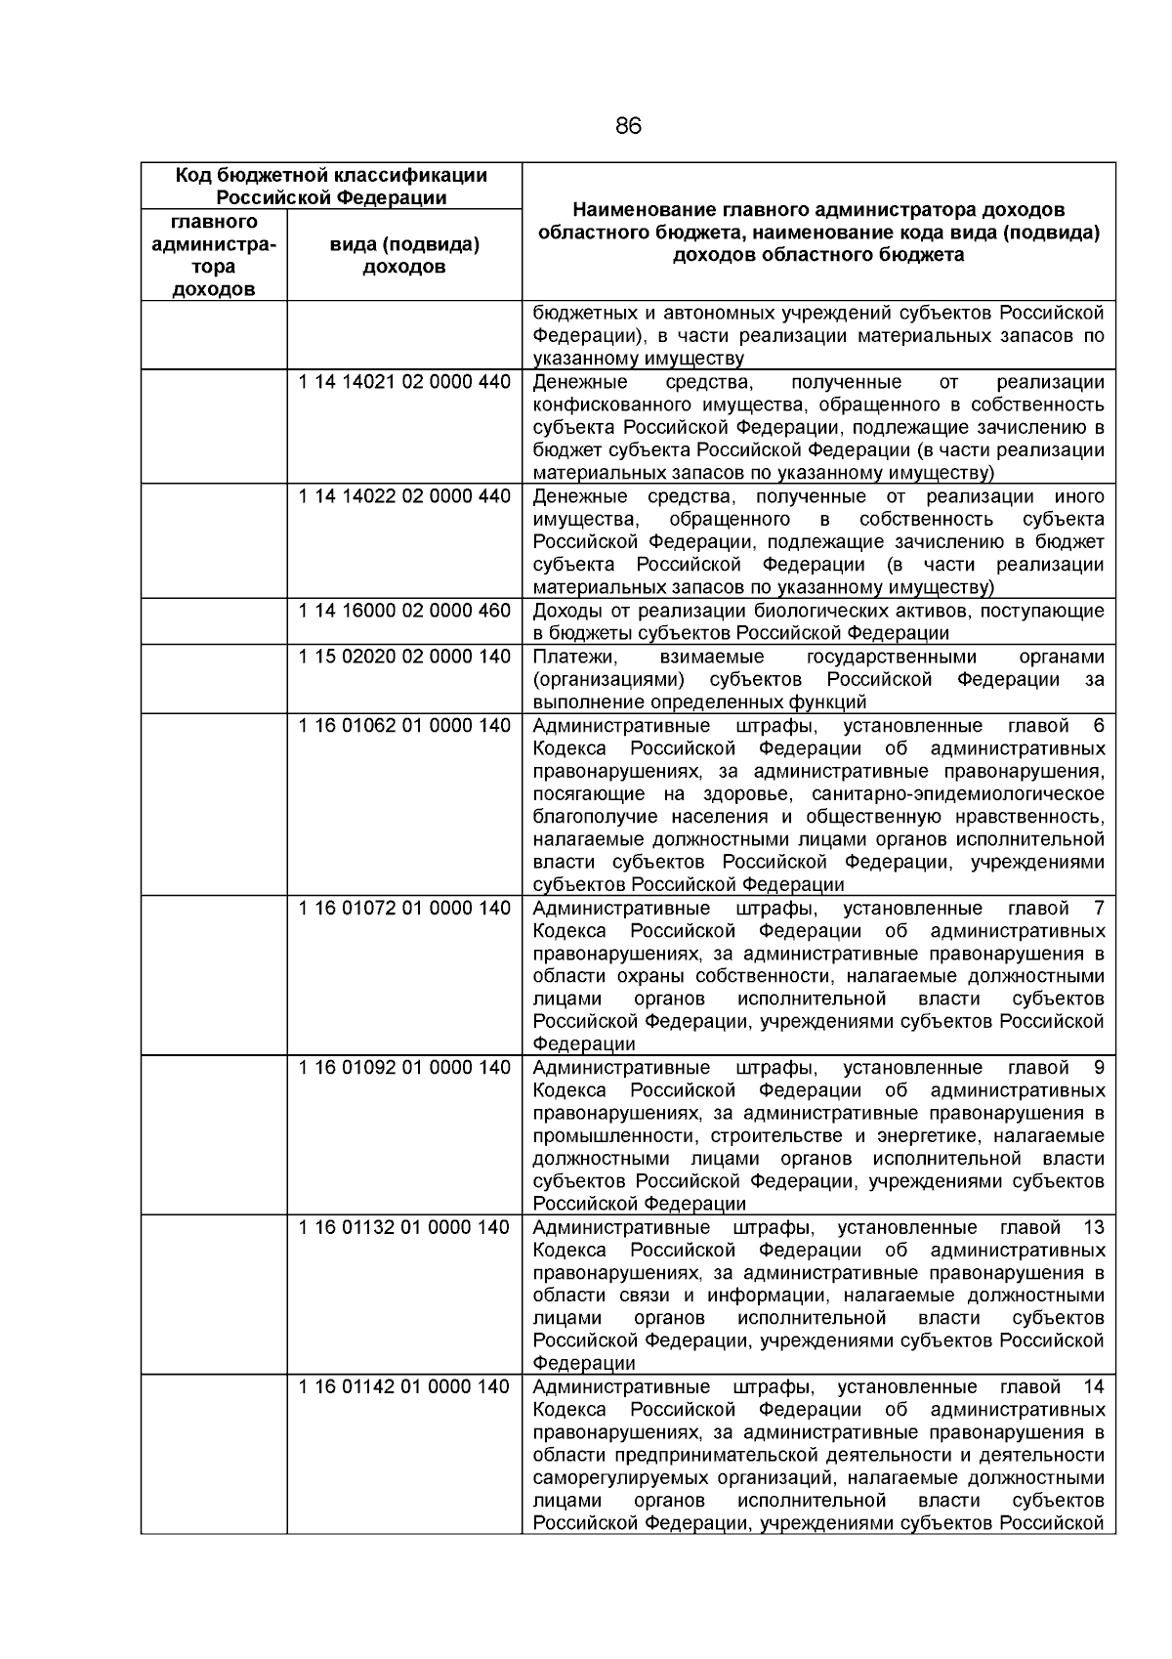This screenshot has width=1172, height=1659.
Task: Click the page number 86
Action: click(x=628, y=126)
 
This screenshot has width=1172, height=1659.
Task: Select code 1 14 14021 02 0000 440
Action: click(x=404, y=382)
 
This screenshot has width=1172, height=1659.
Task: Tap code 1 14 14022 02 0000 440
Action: click(x=404, y=496)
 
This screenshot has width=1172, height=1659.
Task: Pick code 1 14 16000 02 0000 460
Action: click(x=404, y=611)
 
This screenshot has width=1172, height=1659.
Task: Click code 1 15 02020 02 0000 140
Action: click(x=404, y=657)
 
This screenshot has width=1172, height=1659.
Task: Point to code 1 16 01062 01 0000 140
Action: click(x=404, y=726)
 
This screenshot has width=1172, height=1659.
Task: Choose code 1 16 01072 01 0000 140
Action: click(x=404, y=909)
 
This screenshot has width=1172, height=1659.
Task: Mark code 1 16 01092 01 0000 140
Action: click(x=404, y=1068)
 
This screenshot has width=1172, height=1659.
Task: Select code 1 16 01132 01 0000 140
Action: click(x=404, y=1228)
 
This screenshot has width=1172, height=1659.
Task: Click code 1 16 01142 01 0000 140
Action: click(x=404, y=1387)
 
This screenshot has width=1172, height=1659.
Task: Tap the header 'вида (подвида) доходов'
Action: click(x=404, y=255)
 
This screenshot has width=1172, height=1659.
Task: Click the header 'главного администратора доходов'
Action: click(x=214, y=255)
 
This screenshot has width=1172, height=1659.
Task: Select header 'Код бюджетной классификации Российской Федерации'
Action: click(x=331, y=186)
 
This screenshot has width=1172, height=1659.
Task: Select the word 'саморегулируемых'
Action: click(x=616, y=1478)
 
